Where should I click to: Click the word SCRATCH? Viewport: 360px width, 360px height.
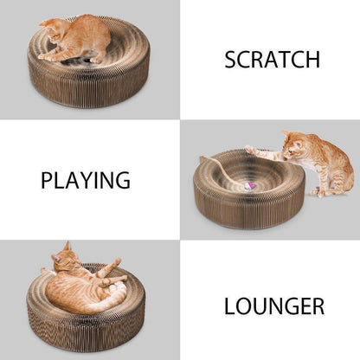272,60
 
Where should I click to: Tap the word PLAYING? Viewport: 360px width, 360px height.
86,181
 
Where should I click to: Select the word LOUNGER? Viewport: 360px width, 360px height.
273,306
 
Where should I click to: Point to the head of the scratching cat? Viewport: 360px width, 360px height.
55,29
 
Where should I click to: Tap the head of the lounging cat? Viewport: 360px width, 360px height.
60,256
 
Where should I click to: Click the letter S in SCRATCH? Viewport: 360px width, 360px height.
230,60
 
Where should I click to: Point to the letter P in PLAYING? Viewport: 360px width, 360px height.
47,181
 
